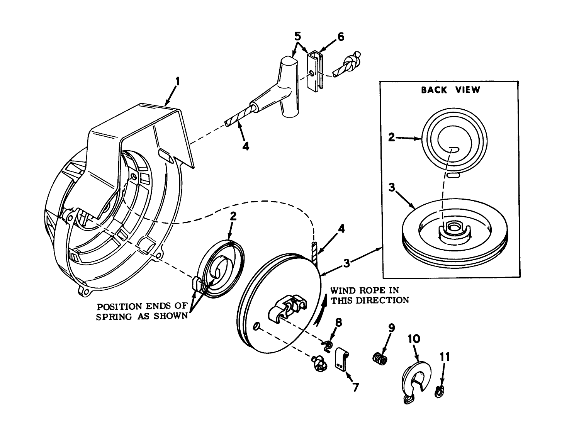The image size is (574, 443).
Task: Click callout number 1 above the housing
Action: [177, 81]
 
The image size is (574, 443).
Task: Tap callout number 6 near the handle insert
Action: [340, 37]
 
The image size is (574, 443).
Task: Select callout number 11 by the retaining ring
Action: [445, 356]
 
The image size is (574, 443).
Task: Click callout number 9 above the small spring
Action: [391, 328]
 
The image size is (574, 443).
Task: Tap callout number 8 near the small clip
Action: [338, 322]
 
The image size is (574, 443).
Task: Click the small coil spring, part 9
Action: [379, 358]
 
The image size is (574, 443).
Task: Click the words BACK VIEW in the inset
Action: [450, 90]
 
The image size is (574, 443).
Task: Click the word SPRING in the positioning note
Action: [115, 316]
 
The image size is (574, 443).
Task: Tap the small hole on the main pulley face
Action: [256, 327]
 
